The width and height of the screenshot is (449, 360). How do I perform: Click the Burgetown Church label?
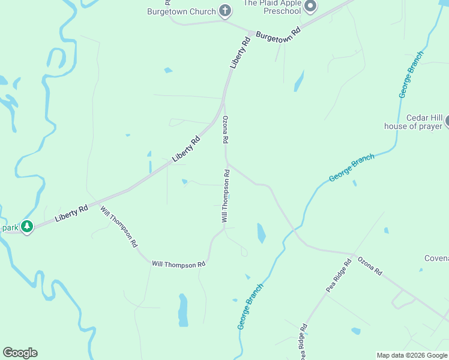182,11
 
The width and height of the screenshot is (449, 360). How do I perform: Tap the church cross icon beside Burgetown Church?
225,10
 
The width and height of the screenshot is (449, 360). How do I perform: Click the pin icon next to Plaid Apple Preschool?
310,7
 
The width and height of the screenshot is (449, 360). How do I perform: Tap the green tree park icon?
26,227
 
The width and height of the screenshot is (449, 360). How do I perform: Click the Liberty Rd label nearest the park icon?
71,212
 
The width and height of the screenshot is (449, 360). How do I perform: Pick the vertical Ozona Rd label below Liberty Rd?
226,129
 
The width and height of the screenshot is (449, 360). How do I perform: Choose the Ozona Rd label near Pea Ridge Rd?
370,265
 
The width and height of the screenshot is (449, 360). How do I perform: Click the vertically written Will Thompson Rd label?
226,196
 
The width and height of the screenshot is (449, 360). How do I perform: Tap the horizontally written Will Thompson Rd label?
179,263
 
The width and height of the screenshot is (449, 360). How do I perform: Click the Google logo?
20,353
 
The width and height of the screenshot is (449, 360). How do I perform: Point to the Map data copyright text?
412,355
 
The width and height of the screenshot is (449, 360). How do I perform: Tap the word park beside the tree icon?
10,227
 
